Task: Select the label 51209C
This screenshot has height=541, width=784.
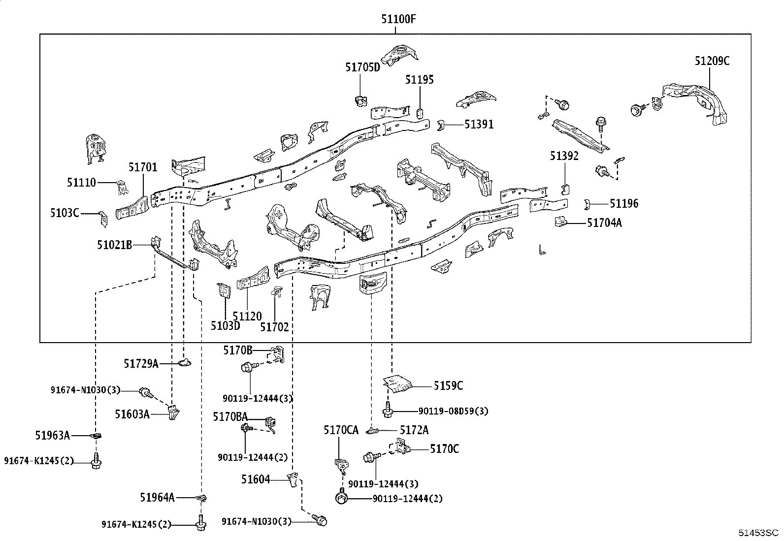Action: coord(712,61)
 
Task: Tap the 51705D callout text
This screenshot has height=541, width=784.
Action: coord(362,67)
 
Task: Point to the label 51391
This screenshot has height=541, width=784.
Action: coord(479,125)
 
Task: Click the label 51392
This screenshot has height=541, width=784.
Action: coord(564,156)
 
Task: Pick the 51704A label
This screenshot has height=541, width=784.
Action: coord(604,223)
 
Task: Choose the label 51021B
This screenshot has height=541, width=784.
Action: coord(114,244)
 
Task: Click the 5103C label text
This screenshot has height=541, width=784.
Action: coord(64,213)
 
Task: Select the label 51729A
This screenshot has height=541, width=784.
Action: coord(141,364)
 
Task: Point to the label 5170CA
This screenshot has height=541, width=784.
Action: coord(341,430)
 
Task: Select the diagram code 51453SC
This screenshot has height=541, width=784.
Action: coord(757,533)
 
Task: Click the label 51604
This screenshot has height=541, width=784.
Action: coord(256,479)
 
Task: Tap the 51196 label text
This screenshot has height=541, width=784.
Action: coord(624,204)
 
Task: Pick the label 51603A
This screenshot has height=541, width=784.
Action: coord(132,414)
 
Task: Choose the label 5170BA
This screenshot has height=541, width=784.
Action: coord(230,417)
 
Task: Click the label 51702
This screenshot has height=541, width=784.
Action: coord(274,327)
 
